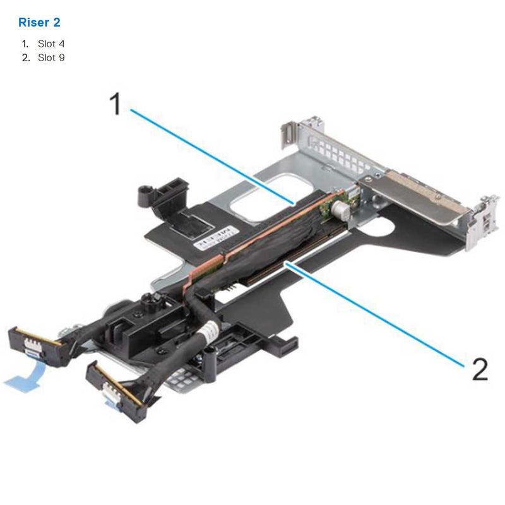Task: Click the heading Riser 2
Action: (39, 22)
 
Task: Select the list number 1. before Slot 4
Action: (25, 44)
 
